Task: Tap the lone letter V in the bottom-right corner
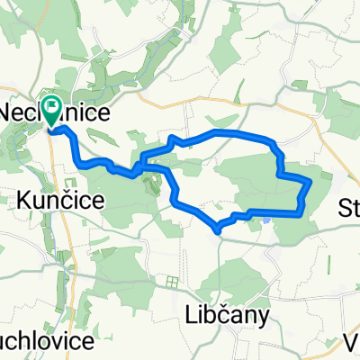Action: (352, 343)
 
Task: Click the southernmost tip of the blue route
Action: (218, 227)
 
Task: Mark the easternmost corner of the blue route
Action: (310, 181)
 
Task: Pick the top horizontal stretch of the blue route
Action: (238, 134)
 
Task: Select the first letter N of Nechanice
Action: (13, 113)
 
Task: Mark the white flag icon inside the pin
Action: (54, 109)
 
